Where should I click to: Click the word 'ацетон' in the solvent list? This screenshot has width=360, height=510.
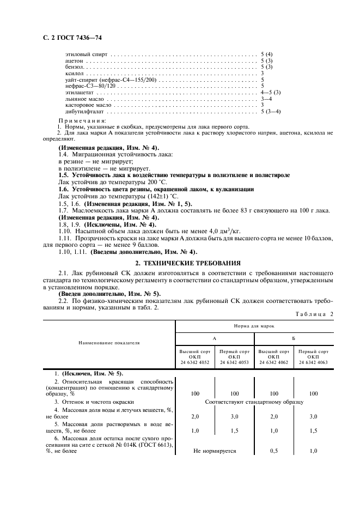(x=74, y=61)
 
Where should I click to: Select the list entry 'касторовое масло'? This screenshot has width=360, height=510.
(x=83, y=104)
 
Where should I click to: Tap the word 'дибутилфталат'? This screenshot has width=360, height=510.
(x=81, y=111)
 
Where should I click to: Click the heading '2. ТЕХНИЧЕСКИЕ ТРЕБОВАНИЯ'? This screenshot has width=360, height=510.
(x=180, y=262)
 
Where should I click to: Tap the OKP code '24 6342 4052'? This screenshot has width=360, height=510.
(x=195, y=362)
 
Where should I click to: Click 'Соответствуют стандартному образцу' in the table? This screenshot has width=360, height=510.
(x=254, y=402)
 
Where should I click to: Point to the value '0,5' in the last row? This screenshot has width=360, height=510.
(x=273, y=451)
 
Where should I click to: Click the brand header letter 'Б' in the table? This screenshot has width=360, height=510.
(x=293, y=338)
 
